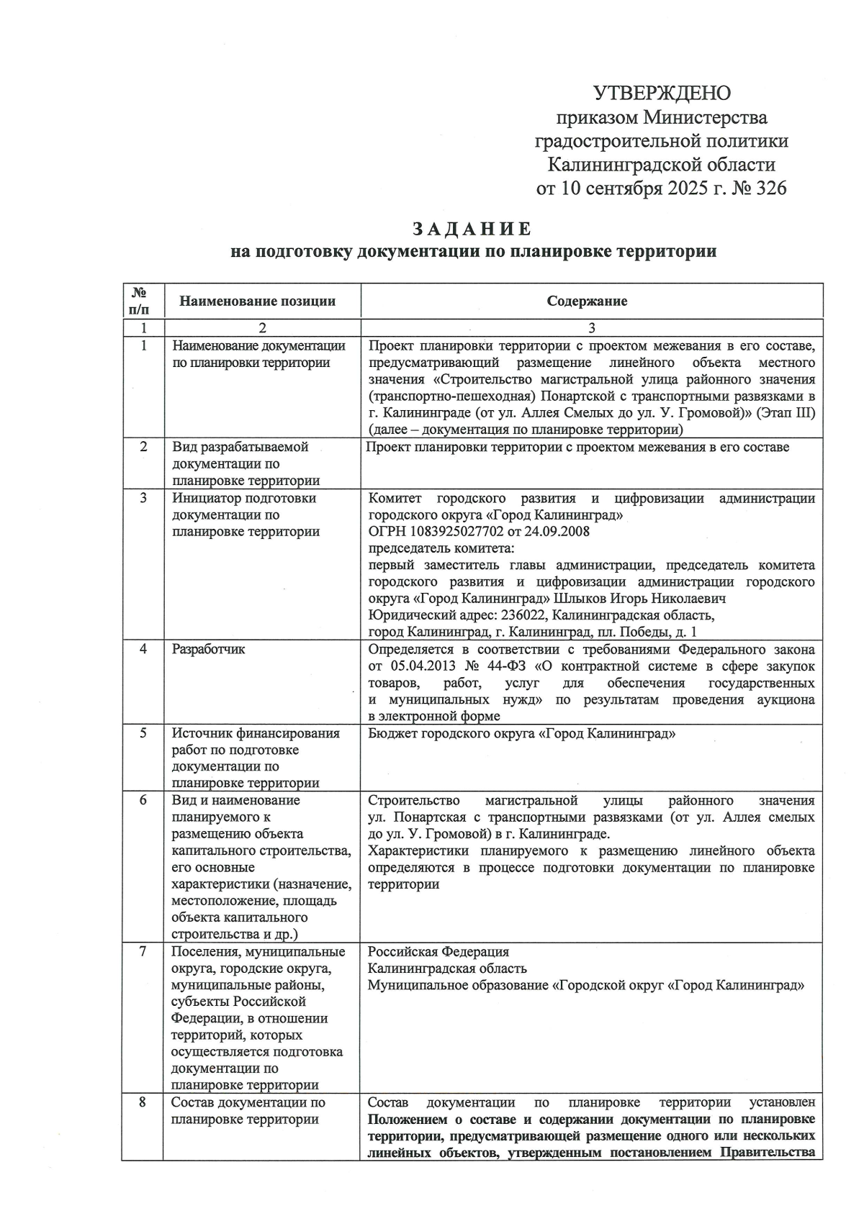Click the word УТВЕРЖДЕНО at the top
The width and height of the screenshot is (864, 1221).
tap(662, 94)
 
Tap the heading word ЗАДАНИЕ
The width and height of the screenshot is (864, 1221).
tap(472, 229)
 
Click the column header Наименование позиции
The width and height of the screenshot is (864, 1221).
tap(257, 301)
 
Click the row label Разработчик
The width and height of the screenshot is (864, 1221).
tap(209, 649)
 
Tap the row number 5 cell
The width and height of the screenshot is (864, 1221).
tap(143, 732)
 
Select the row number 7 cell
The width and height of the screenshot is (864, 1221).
tap(143, 951)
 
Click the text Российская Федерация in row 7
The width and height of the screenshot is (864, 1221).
tap(438, 951)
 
